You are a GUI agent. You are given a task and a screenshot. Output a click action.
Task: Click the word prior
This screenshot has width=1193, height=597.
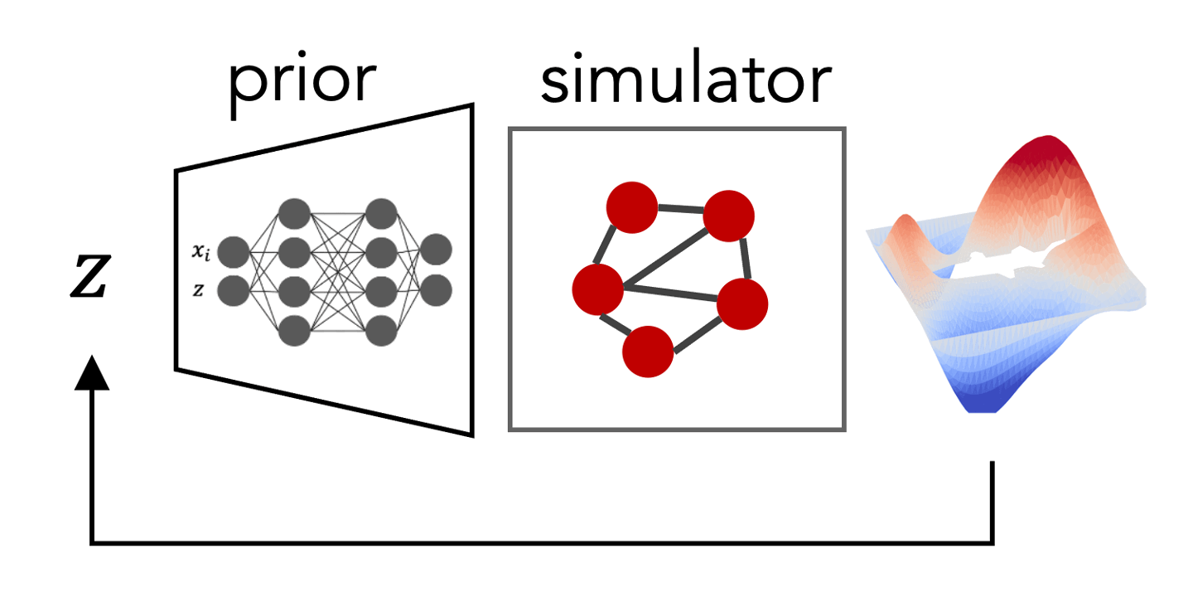tap(302, 83)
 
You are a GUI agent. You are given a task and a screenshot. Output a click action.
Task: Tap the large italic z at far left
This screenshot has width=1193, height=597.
tap(91, 275)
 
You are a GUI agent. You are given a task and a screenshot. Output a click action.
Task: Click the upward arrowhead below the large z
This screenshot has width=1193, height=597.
tap(92, 372)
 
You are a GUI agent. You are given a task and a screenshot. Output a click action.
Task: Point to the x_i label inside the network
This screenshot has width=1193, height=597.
tap(200, 251)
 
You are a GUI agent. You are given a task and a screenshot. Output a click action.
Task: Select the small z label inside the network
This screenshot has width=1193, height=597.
tap(198, 290)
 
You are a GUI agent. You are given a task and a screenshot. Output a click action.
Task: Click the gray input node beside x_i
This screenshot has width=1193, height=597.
tap(234, 252)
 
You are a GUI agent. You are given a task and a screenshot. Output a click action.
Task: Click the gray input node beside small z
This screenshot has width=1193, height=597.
tap(234, 291)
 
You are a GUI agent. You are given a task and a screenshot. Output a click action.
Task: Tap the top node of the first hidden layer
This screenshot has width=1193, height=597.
tap(295, 214)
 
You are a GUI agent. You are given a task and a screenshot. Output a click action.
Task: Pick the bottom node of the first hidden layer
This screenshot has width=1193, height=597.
tap(295, 331)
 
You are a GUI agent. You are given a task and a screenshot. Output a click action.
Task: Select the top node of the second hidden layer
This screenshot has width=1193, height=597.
tap(381, 214)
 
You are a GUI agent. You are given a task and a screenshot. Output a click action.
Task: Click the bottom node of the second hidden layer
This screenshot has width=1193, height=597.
tap(381, 331)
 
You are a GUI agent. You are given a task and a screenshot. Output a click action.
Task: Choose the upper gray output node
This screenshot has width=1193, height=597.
tap(436, 250)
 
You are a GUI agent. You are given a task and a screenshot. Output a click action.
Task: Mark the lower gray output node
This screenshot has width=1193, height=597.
tap(436, 290)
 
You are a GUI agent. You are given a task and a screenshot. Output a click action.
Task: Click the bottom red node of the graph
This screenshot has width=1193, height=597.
tap(648, 352)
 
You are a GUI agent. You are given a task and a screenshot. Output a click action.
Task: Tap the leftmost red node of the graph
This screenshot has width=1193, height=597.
tap(597, 289)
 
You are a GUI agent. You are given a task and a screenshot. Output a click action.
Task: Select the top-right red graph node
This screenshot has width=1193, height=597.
tap(728, 216)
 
